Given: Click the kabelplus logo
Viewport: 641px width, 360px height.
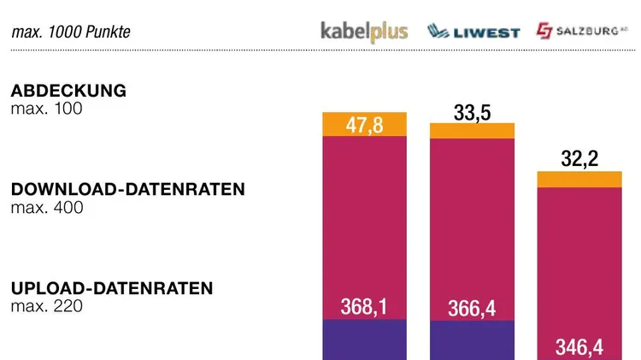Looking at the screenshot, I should click(364, 32).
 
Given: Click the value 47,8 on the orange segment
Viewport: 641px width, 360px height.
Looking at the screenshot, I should click(364, 125).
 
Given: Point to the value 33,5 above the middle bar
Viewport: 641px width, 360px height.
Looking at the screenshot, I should click(472, 111).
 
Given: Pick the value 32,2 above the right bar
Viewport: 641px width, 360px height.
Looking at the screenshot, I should click(579, 157).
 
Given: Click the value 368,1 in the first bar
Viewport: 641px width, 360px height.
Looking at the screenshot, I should click(364, 306).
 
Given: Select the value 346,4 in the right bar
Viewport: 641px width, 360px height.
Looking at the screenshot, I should click(579, 346).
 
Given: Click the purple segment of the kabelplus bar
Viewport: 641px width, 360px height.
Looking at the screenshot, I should click(364, 339).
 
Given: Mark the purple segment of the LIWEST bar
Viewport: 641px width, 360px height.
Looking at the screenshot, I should click(472, 340).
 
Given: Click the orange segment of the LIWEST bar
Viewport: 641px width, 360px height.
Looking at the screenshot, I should click(472, 131).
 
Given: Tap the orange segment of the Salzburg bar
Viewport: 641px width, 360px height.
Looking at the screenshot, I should click(579, 179).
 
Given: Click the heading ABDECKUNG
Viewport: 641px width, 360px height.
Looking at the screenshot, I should click(68, 91).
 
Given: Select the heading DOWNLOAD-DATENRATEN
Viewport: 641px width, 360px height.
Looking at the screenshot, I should click(127, 190).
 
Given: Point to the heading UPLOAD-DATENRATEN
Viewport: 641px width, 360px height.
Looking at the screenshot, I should click(111, 288).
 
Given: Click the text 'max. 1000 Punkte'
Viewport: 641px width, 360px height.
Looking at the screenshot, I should click(71, 32).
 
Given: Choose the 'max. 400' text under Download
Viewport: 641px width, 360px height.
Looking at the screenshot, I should click(46, 207).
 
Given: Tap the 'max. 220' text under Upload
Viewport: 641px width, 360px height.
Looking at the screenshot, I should click(46, 305).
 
